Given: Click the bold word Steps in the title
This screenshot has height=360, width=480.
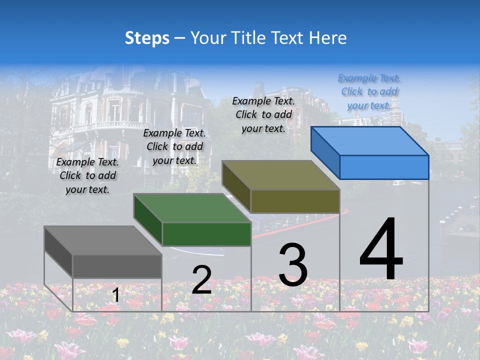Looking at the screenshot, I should pos(147,38).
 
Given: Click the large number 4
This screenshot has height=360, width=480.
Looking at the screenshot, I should pos(381,250).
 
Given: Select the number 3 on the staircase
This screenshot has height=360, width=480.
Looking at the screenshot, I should pos(293,265).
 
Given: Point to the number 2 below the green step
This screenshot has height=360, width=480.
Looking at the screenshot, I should pos(201,280).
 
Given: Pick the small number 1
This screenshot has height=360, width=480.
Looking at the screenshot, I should pos(115,295).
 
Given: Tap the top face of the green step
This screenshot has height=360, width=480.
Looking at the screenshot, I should pos(192,208).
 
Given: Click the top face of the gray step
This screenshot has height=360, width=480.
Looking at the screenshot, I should pos(103,240).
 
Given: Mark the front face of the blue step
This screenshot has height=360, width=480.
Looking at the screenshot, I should pos(384,167).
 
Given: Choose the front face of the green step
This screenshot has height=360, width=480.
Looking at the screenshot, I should pos(206,234).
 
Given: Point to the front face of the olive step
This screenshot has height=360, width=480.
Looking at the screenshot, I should pos(295,201).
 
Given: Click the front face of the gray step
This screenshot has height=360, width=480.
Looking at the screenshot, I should pos(117,266).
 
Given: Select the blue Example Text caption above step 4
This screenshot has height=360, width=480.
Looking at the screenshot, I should pos(369,92).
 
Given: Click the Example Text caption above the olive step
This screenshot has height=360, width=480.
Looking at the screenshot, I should pos(263,114).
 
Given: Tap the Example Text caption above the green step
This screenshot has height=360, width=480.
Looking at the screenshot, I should pos(174,147).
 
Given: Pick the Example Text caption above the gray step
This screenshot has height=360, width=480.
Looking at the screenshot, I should pos(87,176).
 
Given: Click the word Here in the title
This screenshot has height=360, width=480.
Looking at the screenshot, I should pos(329,38).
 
